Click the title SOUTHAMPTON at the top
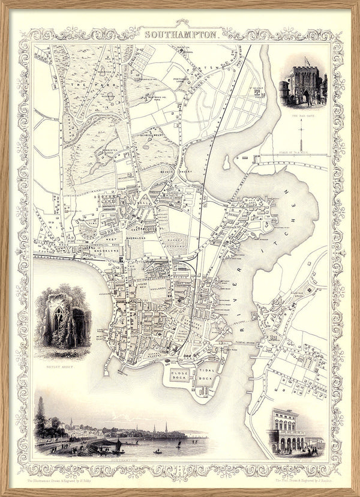pyautogui.click(x=181, y=35)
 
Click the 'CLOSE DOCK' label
pyautogui.click(x=180, y=376)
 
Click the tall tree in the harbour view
pyautogui.click(x=40, y=414)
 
